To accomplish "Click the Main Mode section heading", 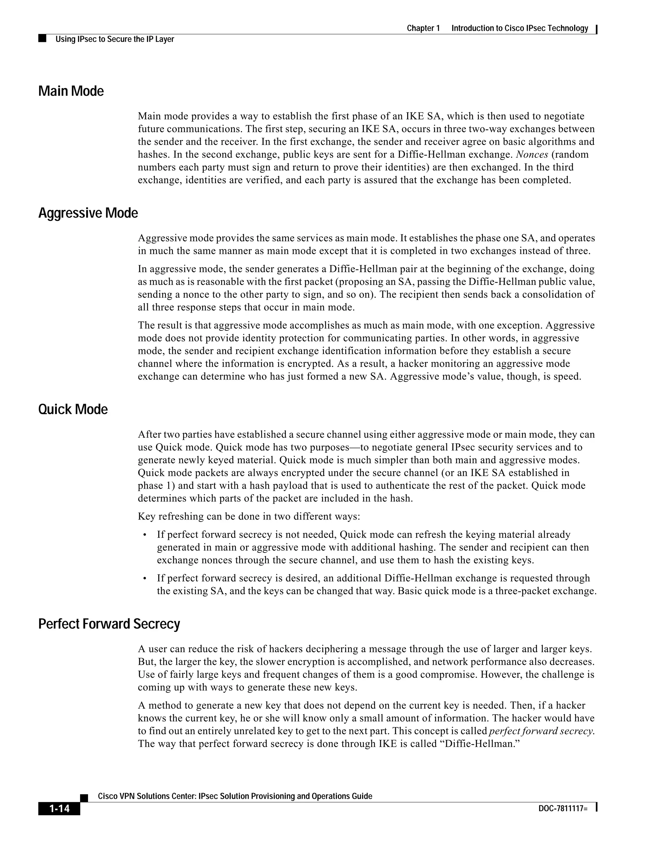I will pyautogui.click(x=71, y=92).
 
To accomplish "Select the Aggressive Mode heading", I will pyautogui.click(x=88, y=213).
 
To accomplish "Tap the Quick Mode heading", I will pyautogui.click(x=73, y=409).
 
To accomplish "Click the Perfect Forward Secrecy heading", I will pyautogui.click(x=109, y=624).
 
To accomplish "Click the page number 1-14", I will pyautogui.click(x=59, y=808).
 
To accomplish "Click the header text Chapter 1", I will pyautogui.click(x=423, y=28).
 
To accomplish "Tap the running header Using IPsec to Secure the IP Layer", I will pyautogui.click(x=114, y=39).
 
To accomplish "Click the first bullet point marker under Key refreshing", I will pyautogui.click(x=145, y=535).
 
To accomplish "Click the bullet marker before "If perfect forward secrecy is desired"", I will pyautogui.click(x=145, y=579).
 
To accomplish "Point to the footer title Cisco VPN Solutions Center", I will pyautogui.click(x=235, y=796).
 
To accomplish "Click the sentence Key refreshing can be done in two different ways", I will pyautogui.click(x=249, y=516).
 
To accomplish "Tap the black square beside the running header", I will pyautogui.click(x=42, y=38).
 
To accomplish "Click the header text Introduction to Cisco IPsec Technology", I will pyautogui.click(x=519, y=28).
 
